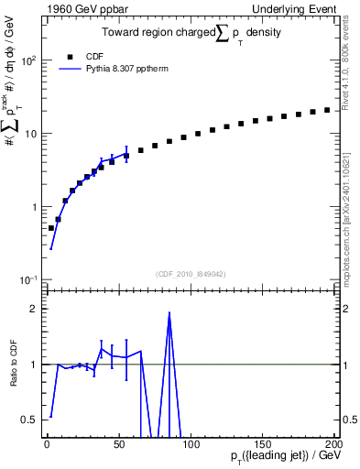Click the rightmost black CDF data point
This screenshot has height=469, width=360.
point(327,110)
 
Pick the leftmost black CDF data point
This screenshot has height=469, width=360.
point(51,228)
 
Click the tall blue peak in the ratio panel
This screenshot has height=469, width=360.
point(169,313)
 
